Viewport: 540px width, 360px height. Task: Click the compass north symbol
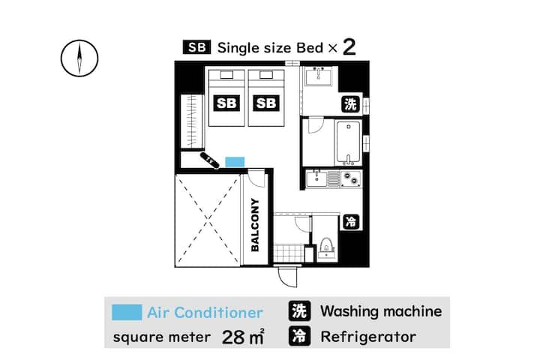(x=79, y=58)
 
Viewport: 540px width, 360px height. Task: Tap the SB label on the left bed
(x=226, y=103)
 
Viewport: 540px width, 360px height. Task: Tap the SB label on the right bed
(x=265, y=103)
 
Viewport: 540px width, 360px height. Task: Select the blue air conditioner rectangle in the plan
(x=235, y=161)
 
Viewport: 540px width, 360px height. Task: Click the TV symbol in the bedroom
(x=208, y=160)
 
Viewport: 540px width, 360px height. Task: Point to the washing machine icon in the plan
(x=351, y=104)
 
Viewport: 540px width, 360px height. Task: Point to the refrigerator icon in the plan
(x=350, y=222)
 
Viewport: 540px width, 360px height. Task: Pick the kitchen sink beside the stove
(x=319, y=178)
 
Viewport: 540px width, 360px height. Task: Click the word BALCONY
(x=255, y=225)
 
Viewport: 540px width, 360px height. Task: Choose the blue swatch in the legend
(x=126, y=312)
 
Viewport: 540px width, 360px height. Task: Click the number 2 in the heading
(x=349, y=48)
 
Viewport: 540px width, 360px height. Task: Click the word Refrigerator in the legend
(x=367, y=337)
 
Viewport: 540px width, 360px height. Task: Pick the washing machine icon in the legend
(x=299, y=311)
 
